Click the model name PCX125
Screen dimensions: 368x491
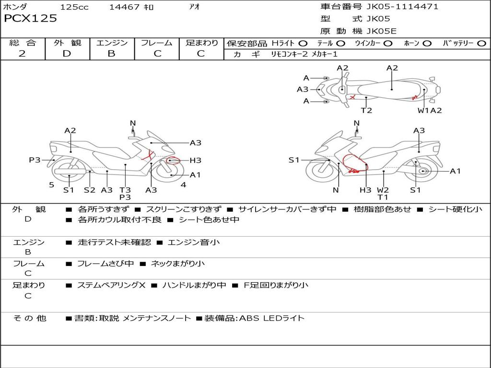pyautogui.click(x=30, y=19)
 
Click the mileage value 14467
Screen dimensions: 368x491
pyautogui.click(x=124, y=7)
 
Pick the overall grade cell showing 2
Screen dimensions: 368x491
pyautogui.click(x=22, y=54)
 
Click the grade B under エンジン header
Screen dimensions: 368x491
pyautogui.click(x=111, y=54)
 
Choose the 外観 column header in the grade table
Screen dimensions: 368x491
pyautogui.click(x=67, y=43)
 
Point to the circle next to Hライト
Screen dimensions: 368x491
pyautogui.click(x=303, y=43)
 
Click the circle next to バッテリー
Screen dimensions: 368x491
pyautogui.click(x=481, y=43)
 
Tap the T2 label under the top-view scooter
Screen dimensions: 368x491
pyautogui.click(x=366, y=111)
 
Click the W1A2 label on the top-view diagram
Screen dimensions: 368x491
pyautogui.click(x=429, y=111)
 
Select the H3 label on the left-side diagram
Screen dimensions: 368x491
pyautogui.click(x=195, y=161)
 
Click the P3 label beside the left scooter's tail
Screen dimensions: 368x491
pyautogui.click(x=35, y=160)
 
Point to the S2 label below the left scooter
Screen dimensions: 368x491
pyautogui.click(x=90, y=190)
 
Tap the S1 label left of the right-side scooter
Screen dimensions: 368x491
pyautogui.click(x=294, y=160)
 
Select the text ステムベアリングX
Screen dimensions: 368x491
pyautogui.click(x=111, y=285)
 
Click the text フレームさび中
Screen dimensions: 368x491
pyautogui.click(x=105, y=264)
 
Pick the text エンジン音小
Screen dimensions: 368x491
pyautogui.click(x=194, y=242)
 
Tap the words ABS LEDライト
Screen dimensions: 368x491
pyautogui.click(x=271, y=318)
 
